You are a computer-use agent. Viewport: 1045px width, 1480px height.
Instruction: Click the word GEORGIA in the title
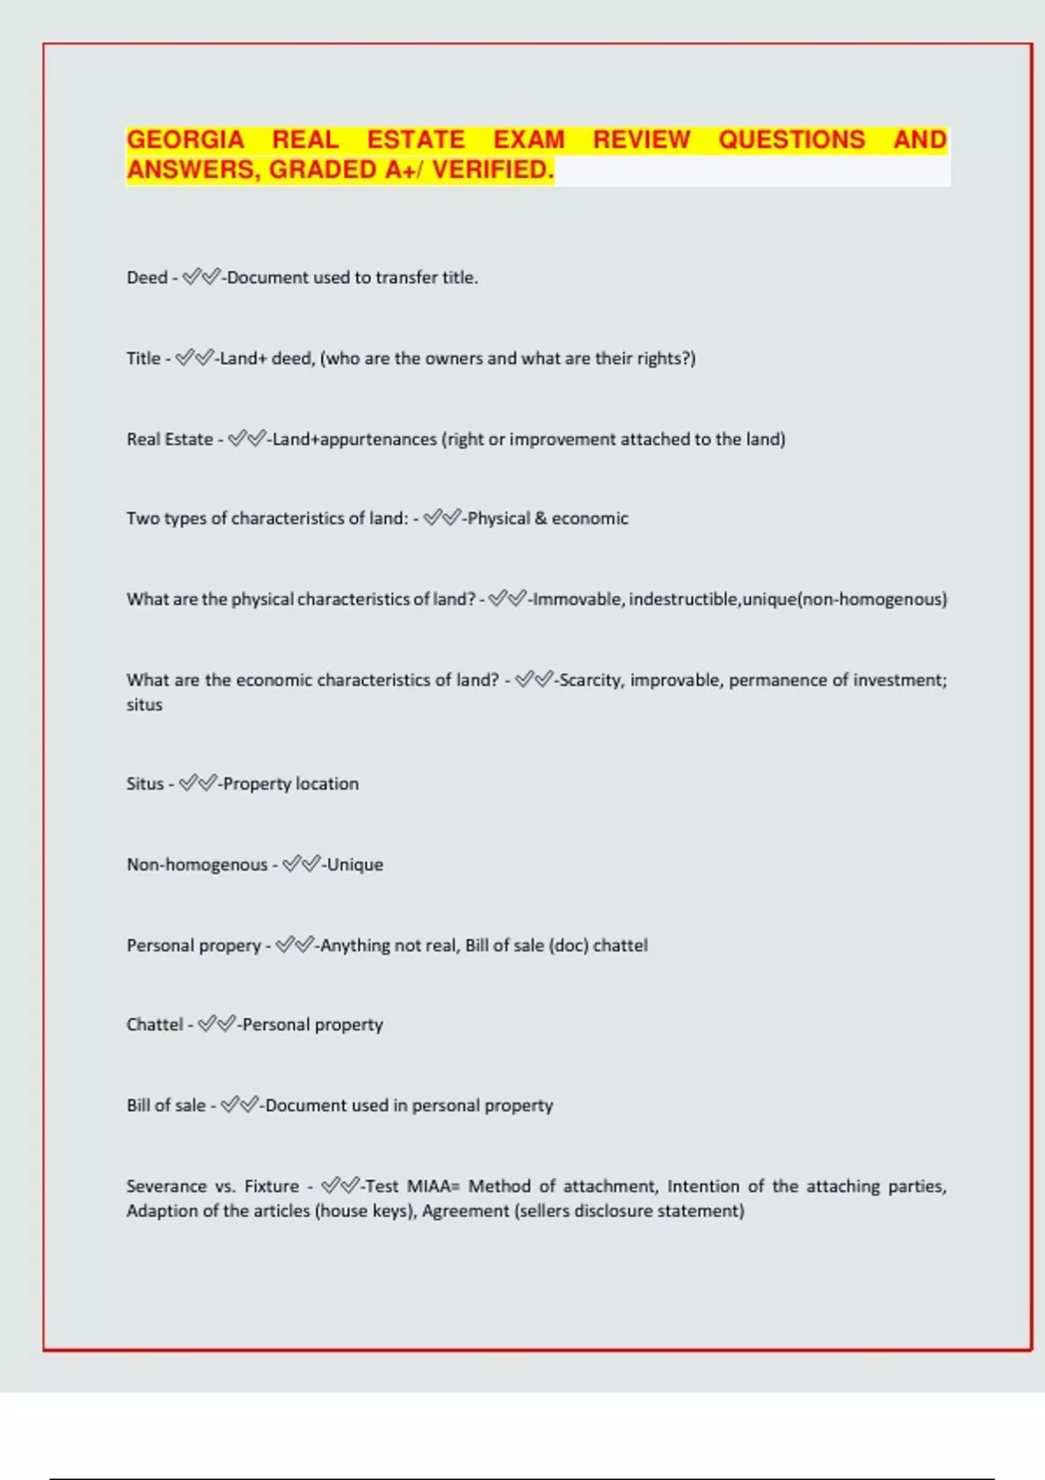click(185, 140)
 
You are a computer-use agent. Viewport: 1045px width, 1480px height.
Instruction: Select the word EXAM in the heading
click(529, 140)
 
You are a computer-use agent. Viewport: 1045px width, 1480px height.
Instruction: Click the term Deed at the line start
click(146, 278)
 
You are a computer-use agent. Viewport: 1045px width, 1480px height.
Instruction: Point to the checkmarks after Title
click(194, 359)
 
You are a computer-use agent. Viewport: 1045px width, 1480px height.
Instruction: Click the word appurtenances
click(378, 440)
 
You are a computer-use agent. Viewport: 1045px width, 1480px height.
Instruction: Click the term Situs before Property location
click(145, 784)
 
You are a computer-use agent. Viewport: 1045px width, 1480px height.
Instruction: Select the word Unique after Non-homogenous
click(355, 864)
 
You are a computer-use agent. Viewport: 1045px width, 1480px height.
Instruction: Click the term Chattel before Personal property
click(154, 1025)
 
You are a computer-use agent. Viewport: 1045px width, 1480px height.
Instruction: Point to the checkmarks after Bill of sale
click(239, 1106)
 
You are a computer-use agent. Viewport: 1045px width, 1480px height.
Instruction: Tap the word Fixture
click(272, 1187)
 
